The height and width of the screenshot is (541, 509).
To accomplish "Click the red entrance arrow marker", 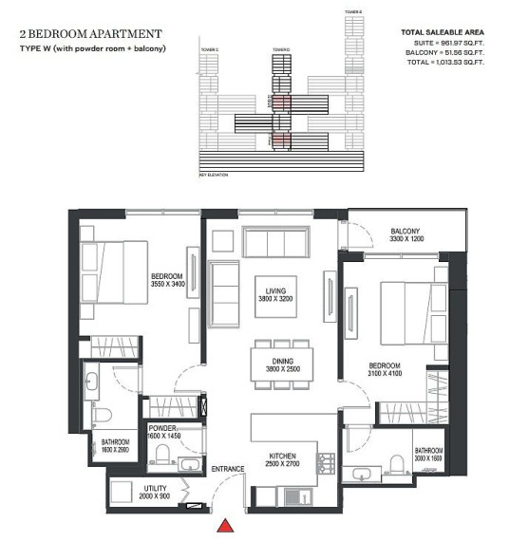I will click(225, 526).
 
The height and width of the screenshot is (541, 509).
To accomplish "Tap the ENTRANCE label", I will click(228, 470).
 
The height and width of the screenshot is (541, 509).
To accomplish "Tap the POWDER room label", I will click(161, 431).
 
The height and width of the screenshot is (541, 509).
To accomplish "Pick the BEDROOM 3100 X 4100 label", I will click(385, 370).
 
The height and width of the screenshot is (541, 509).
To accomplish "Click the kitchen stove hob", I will click(326, 463).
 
